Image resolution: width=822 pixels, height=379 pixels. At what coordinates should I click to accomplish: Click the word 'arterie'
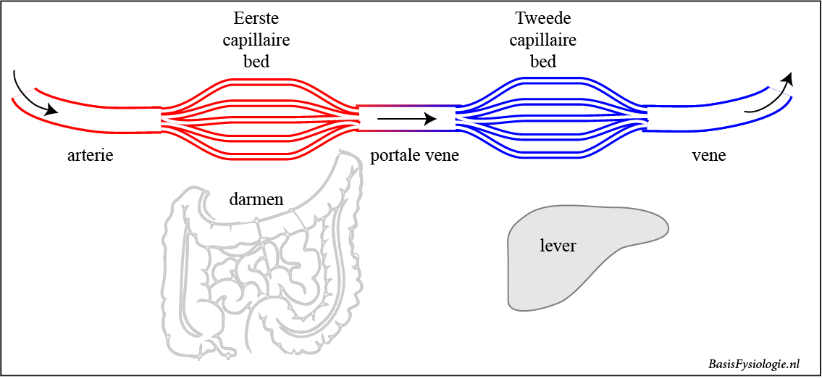click(90, 155)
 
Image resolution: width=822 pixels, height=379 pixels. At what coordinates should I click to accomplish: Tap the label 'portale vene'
click(414, 156)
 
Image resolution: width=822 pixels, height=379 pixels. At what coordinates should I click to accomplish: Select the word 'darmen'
click(256, 199)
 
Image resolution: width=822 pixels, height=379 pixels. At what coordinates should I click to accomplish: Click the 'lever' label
click(558, 246)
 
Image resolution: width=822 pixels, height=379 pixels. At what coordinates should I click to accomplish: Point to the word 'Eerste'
click(256, 18)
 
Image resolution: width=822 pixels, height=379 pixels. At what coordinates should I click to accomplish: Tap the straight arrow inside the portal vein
click(406, 118)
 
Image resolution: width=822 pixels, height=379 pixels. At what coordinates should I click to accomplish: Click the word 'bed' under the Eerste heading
click(256, 61)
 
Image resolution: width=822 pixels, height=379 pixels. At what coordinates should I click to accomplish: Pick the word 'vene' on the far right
click(709, 156)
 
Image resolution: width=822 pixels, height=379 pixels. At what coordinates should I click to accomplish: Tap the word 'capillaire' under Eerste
click(256, 40)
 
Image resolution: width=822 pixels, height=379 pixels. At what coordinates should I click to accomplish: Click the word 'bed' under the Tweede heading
click(543, 61)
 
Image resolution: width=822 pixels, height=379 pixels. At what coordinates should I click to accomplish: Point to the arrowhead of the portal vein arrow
click(430, 118)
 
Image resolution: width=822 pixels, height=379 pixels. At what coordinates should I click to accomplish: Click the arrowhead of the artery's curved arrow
click(51, 111)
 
